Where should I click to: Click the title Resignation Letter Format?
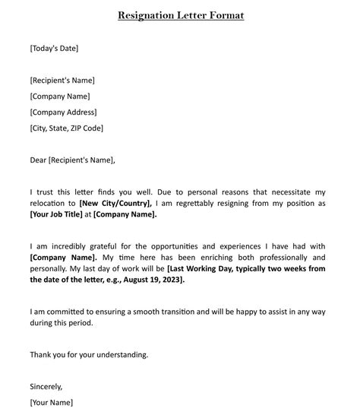coord(181,15)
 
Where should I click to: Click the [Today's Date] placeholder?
coord(54,49)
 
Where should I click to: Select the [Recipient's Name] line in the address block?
coord(62,81)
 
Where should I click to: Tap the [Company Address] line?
coord(63,112)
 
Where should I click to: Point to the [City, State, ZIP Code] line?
coord(67,128)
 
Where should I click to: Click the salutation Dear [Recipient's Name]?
coord(73,160)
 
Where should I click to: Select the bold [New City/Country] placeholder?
coord(116,204)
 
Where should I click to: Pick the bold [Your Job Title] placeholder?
coord(55,214)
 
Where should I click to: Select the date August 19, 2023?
coord(155,280)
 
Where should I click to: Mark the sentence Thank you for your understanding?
coord(89,354)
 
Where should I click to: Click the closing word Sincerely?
coord(46,386)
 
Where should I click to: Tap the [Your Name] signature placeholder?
coord(52,402)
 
